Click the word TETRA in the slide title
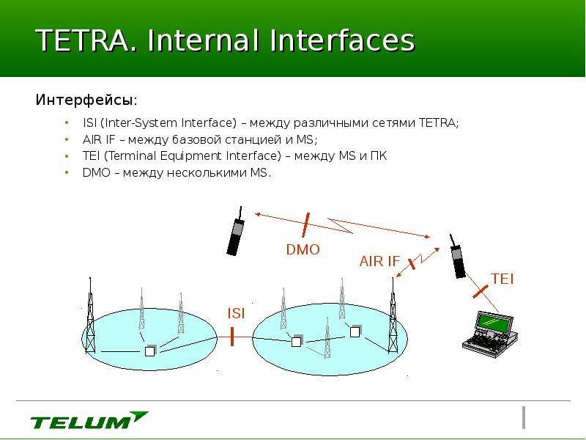(x=83, y=40)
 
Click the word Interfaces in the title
(x=342, y=40)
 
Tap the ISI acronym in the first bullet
(x=89, y=122)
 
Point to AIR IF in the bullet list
(x=99, y=139)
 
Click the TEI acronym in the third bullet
(x=91, y=155)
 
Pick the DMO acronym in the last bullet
(x=97, y=172)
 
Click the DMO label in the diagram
(x=303, y=249)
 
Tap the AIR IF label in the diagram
(x=379, y=261)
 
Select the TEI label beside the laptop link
(x=502, y=279)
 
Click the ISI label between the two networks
(x=236, y=314)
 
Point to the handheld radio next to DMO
(x=235, y=232)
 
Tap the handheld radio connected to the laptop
(x=457, y=257)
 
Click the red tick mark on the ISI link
(x=232, y=337)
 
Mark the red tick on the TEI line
(x=481, y=291)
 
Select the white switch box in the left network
(x=149, y=351)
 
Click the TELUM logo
(x=89, y=420)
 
